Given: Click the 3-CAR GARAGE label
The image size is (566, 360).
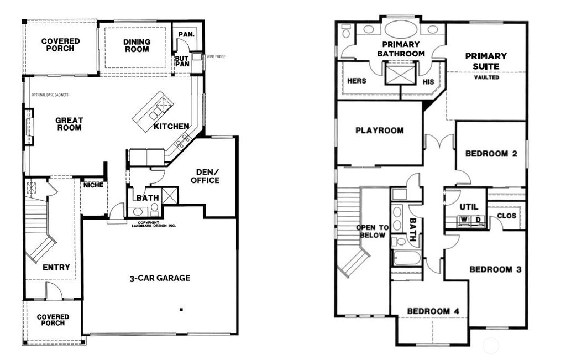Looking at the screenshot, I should (x=156, y=278).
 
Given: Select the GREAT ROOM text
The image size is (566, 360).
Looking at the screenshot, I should (x=69, y=124).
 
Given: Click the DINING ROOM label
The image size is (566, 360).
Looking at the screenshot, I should (x=136, y=45).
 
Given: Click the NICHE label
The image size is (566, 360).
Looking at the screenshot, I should (x=93, y=185).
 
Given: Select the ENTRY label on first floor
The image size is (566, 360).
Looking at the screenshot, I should (x=56, y=267).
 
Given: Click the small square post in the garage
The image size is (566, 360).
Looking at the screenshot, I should (x=181, y=310).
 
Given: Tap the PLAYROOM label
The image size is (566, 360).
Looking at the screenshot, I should (x=379, y=131).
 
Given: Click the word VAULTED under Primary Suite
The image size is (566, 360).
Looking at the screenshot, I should (x=486, y=77).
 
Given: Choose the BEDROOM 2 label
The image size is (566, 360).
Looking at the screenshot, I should (x=491, y=153).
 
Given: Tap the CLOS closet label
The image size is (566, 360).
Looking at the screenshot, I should (x=506, y=216).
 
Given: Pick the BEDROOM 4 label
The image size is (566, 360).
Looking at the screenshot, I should (x=433, y=311).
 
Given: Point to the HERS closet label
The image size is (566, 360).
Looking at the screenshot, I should (x=357, y=81).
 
